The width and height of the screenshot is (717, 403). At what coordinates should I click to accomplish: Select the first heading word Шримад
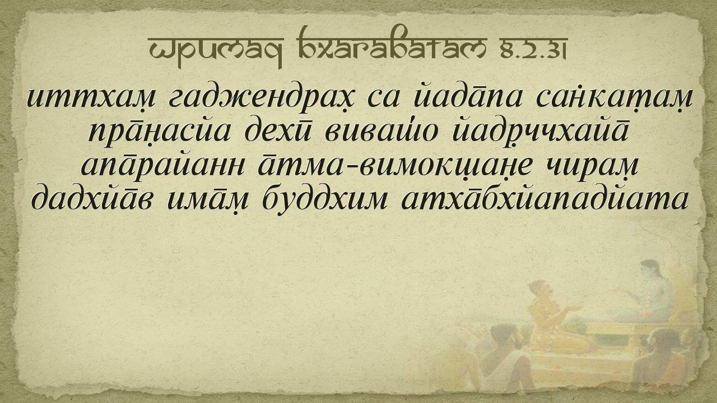(x=216, y=51)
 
